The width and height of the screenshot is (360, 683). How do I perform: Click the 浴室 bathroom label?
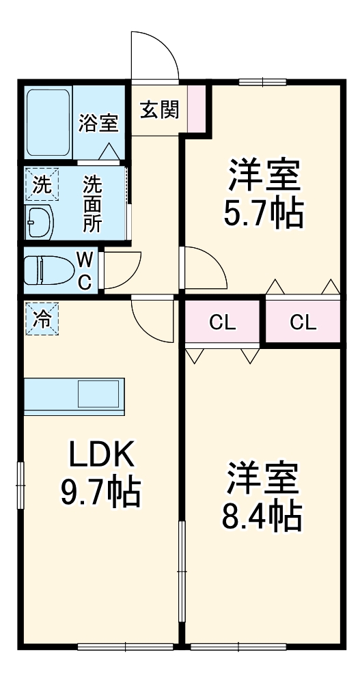pos(98,124)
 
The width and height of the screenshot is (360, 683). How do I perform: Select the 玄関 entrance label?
pos(159,109)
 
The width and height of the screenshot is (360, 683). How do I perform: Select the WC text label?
pos(84,270)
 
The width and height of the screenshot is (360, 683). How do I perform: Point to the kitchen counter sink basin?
pos(100,394)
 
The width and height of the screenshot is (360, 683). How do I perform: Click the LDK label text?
pos(100,453)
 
